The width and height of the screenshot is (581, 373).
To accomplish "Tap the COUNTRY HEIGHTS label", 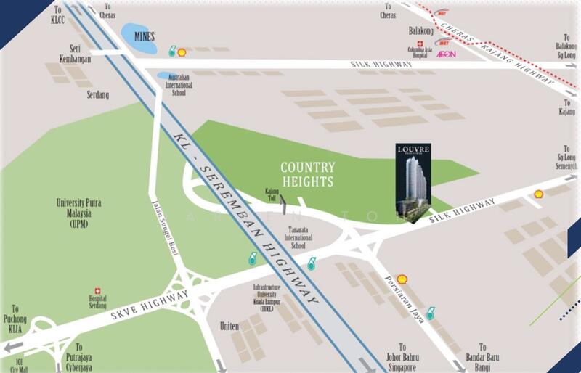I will [x=307, y=174].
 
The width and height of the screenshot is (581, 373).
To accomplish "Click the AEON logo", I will [x=446, y=54].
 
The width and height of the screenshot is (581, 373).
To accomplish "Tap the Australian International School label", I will [x=177, y=84].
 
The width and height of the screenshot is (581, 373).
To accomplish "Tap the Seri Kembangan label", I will [x=76, y=54].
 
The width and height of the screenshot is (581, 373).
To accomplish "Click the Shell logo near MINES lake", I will [x=182, y=52].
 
